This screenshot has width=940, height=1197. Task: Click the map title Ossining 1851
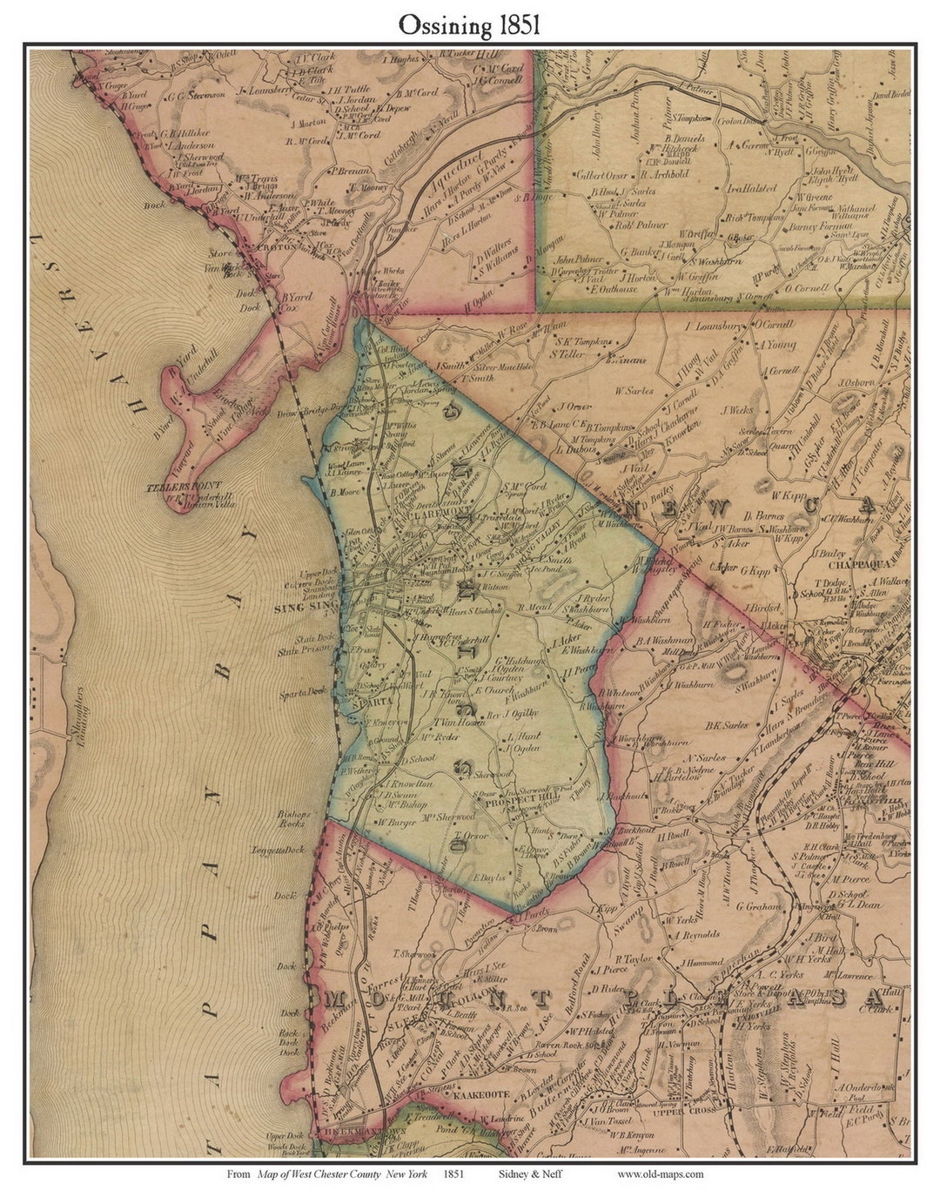tap(469, 25)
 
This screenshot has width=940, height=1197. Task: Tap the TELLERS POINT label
tap(185, 486)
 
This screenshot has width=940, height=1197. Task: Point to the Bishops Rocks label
tap(290, 817)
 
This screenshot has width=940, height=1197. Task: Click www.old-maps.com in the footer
tap(661, 1173)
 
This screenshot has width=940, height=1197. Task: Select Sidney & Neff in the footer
tap(530, 1173)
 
